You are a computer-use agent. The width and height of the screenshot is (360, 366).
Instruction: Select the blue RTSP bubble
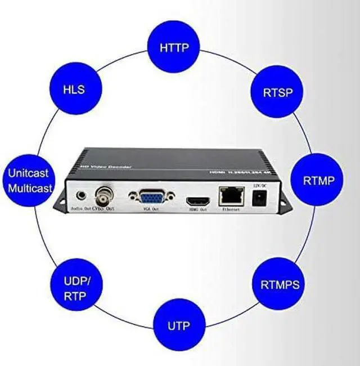pos(277,92)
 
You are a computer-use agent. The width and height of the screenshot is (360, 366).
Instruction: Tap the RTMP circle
pos(319,180)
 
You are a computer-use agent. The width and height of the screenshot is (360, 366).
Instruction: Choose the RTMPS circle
pos(280,283)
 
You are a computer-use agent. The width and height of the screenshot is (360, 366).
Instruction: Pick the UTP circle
pos(178,325)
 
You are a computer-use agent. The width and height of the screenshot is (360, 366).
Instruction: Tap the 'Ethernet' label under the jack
pos(230,209)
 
